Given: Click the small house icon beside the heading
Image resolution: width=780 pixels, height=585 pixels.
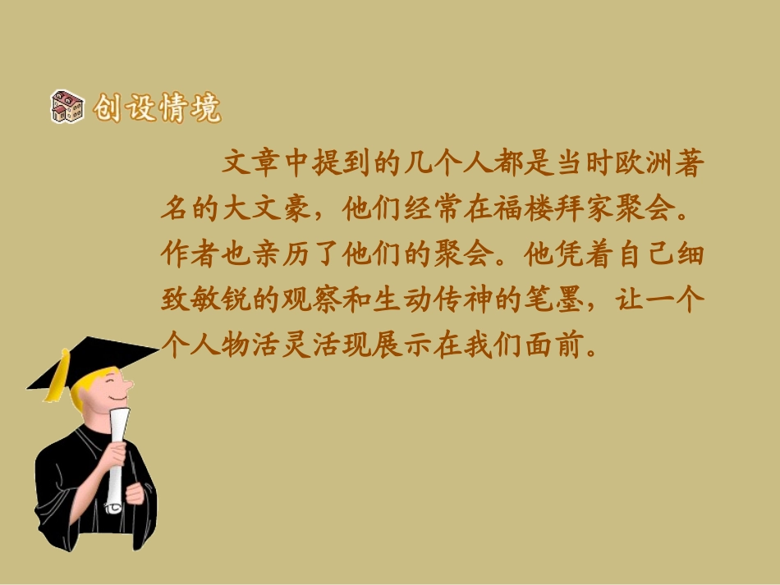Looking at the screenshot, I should click(x=67, y=107).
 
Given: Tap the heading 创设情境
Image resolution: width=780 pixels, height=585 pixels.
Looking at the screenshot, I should click(x=156, y=107).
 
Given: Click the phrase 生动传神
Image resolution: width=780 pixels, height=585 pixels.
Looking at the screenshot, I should click(x=434, y=301).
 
